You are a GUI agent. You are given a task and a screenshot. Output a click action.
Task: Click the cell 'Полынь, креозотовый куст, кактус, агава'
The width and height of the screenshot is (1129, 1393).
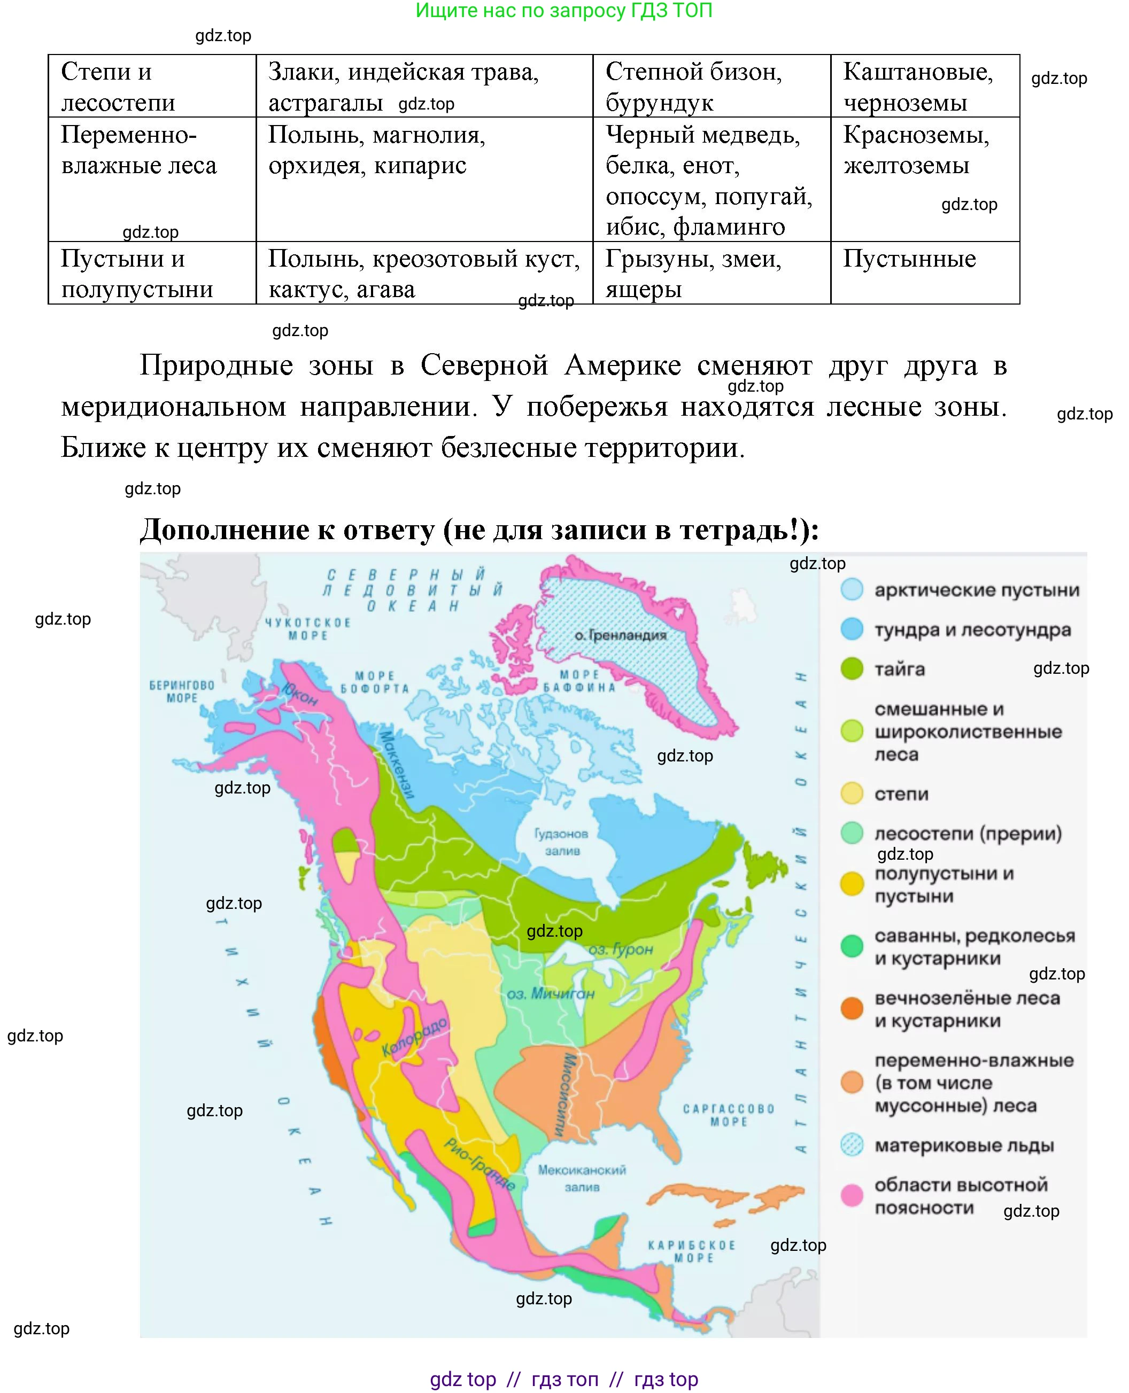point(423,274)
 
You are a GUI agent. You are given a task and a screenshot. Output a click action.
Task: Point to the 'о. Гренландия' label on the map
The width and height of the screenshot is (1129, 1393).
point(621,635)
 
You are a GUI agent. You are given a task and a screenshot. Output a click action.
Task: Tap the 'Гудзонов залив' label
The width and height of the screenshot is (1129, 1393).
point(561,842)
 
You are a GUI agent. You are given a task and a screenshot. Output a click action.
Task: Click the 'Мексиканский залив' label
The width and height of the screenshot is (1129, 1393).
point(582,1178)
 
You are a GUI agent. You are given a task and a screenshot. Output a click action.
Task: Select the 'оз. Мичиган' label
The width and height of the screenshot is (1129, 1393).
point(550,993)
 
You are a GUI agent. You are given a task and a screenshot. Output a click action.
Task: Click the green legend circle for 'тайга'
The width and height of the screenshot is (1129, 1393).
point(852,668)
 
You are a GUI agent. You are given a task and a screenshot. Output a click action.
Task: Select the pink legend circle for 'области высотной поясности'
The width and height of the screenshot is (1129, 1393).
point(852,1195)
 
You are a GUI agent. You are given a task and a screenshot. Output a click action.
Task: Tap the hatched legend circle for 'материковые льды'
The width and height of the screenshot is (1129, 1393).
point(852,1145)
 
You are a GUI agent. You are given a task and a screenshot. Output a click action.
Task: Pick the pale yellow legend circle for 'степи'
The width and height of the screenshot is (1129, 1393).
point(852,793)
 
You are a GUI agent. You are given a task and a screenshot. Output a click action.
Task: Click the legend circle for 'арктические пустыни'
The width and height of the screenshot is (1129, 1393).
point(852,589)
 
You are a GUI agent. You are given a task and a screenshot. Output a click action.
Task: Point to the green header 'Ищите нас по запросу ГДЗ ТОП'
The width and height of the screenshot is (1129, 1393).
point(564,10)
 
